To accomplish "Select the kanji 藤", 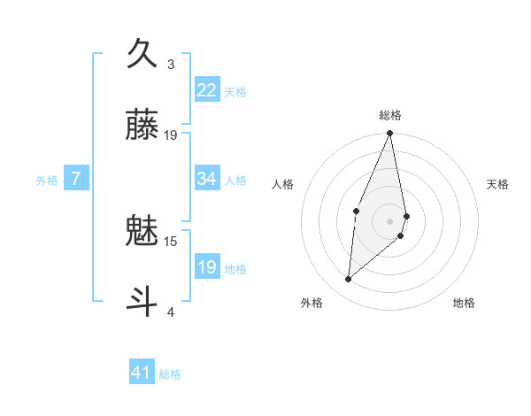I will tap(142, 126).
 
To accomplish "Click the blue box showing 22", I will tap(207, 90).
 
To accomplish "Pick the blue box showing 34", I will tap(207, 179).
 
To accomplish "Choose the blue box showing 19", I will tap(207, 267).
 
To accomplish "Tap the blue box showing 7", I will tap(76, 179).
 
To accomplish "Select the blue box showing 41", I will tap(142, 373).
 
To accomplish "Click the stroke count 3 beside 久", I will tap(171, 65).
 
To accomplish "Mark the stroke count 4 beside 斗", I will tap(171, 312).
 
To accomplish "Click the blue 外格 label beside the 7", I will tap(47, 180).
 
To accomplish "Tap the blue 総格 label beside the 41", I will tap(170, 374).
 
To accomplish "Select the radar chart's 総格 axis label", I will tap(390, 115).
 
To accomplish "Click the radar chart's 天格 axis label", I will tap(498, 184).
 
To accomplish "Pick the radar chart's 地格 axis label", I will tap(464, 303).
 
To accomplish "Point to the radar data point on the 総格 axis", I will tap(390, 134).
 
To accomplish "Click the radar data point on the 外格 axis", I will tap(349, 280).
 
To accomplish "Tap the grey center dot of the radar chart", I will tap(390, 220).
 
